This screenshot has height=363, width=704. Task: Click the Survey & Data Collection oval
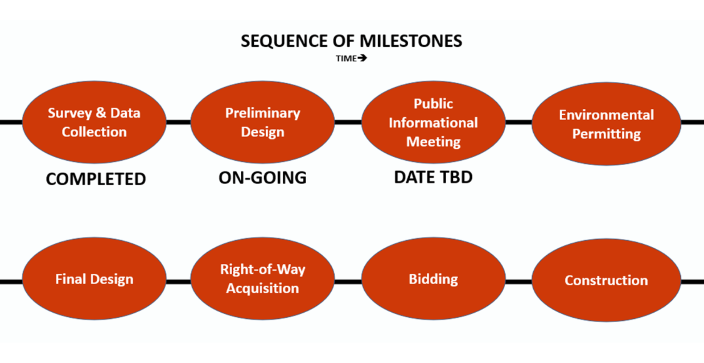[94, 122]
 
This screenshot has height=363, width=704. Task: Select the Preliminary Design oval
[262, 122]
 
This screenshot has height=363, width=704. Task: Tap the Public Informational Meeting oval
[433, 122]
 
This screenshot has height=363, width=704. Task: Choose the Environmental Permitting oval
[606, 124]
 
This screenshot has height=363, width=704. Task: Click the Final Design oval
[94, 279]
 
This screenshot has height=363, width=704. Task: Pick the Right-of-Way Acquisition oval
[262, 279]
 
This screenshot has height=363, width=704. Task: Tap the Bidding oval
[433, 279]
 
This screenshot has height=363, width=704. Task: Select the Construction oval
[606, 280]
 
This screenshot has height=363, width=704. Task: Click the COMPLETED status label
[96, 179]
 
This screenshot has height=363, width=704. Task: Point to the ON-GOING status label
[263, 178]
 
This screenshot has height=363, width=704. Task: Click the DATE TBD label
[433, 177]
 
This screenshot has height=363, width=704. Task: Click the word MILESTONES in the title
[411, 41]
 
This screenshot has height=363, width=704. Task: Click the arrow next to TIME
[362, 58]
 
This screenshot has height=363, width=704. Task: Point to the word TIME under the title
[346, 58]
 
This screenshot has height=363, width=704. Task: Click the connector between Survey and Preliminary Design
[178, 122]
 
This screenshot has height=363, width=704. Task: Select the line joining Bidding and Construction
[518, 282]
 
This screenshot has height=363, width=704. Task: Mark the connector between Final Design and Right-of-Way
[178, 282]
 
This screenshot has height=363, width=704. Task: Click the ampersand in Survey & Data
[101, 113]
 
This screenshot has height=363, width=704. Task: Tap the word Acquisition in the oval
[262, 288]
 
